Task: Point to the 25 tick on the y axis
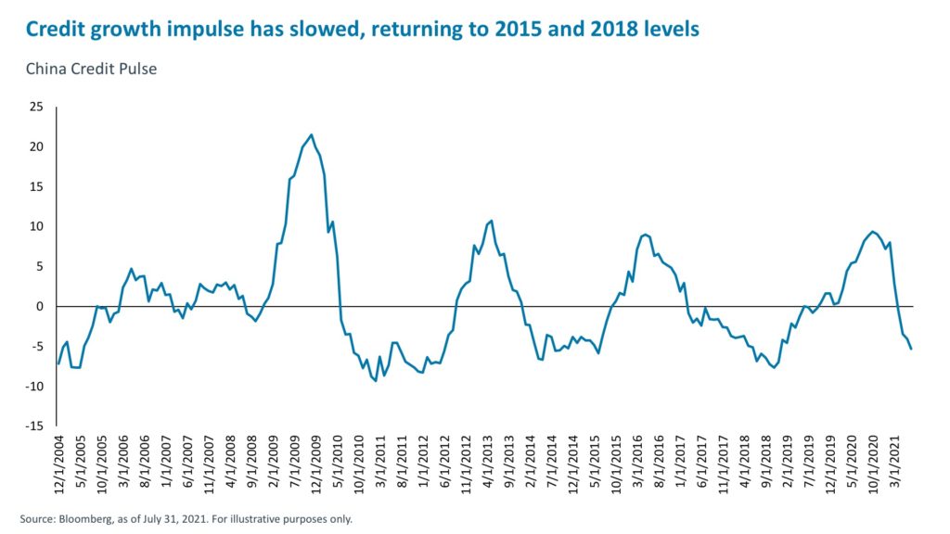(38, 108)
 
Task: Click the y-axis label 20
(38, 147)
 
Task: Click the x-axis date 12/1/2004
(58, 465)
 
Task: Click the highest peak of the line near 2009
(311, 134)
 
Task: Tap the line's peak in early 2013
(491, 221)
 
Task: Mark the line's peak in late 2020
(872, 232)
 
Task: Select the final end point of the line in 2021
(911, 349)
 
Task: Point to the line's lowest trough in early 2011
(376, 382)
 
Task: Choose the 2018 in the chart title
(589, 30)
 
